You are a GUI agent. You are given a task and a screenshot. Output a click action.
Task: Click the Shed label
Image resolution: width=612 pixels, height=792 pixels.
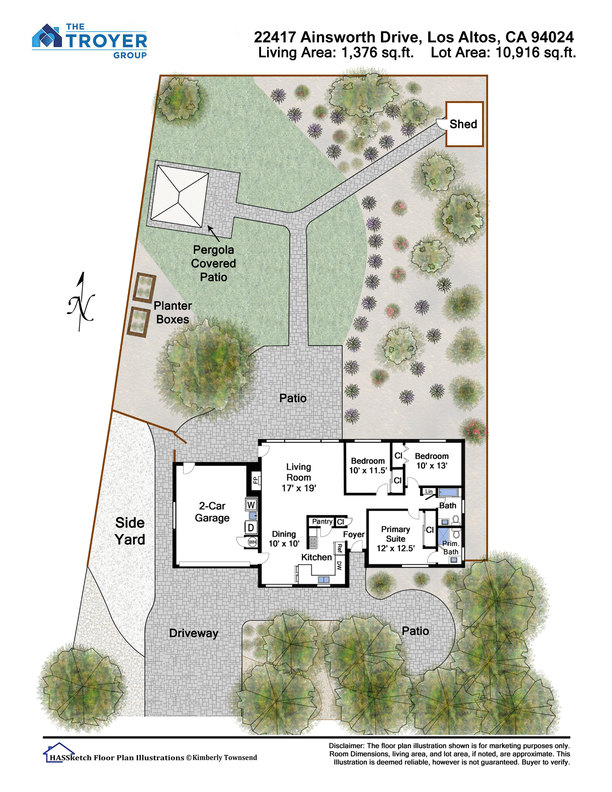point(463,124)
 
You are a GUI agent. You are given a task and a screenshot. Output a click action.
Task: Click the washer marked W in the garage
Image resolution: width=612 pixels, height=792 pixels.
point(251,505)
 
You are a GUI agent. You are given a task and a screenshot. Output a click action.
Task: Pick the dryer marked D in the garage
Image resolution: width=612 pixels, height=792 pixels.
point(251,527)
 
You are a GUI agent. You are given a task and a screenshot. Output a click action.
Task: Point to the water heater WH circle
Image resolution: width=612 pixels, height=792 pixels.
point(252,541)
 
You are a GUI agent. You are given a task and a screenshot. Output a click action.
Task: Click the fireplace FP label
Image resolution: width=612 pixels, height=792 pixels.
point(255,480)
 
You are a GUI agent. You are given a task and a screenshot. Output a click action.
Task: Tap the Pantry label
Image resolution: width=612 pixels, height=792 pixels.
point(322,522)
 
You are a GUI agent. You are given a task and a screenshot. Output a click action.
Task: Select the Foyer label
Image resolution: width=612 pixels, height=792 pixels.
point(354,534)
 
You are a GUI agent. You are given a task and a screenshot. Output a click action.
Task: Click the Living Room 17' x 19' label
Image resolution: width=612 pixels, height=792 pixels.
point(299,478)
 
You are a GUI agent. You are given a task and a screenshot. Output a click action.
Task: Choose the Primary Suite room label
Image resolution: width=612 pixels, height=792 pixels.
point(395,539)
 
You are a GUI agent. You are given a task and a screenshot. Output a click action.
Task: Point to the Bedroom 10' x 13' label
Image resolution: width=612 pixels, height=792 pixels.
point(431,461)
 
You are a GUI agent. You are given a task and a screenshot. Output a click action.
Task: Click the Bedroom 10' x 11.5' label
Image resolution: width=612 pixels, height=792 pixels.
point(368,466)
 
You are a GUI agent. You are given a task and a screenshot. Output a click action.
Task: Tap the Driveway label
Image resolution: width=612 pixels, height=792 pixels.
point(194,633)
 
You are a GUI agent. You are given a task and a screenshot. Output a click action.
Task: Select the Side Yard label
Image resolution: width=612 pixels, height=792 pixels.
point(130,531)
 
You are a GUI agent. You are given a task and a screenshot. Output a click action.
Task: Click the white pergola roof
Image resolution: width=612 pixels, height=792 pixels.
point(179,196)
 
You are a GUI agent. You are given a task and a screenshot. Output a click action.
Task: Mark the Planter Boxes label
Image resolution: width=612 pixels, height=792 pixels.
point(172,312)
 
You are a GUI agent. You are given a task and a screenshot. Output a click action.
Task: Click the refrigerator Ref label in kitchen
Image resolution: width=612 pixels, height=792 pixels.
point(339,548)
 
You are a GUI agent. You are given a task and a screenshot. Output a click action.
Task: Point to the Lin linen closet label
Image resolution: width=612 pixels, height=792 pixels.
point(429,491)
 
